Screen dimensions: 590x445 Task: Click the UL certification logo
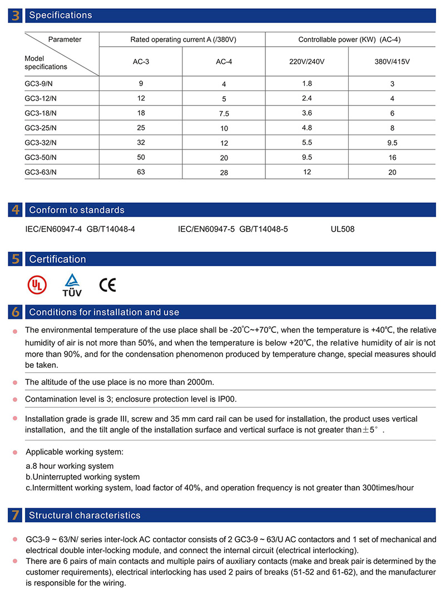[x=37, y=285]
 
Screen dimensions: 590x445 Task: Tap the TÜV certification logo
[x=72, y=285]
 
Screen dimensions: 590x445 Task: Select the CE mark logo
[x=107, y=285]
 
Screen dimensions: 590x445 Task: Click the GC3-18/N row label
[x=41, y=113]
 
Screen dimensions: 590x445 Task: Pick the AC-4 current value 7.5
[x=224, y=113]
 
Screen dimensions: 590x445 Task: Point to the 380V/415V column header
[x=392, y=62]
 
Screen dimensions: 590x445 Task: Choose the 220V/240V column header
[x=306, y=62]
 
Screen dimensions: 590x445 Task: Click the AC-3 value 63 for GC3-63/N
[x=141, y=172]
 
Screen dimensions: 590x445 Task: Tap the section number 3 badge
[x=15, y=16]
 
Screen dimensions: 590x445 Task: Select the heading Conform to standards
[x=77, y=210]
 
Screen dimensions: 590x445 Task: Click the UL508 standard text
[x=342, y=229]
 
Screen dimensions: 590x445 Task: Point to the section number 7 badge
[x=15, y=516]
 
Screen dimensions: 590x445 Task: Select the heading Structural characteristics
[x=85, y=516]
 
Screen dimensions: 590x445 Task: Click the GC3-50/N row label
[x=41, y=157]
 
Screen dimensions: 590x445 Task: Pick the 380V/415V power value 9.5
[x=392, y=142]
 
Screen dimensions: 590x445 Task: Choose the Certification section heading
[x=57, y=259]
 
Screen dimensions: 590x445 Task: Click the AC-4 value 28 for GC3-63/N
[x=224, y=172]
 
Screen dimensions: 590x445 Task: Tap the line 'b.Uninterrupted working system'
[x=83, y=477]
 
